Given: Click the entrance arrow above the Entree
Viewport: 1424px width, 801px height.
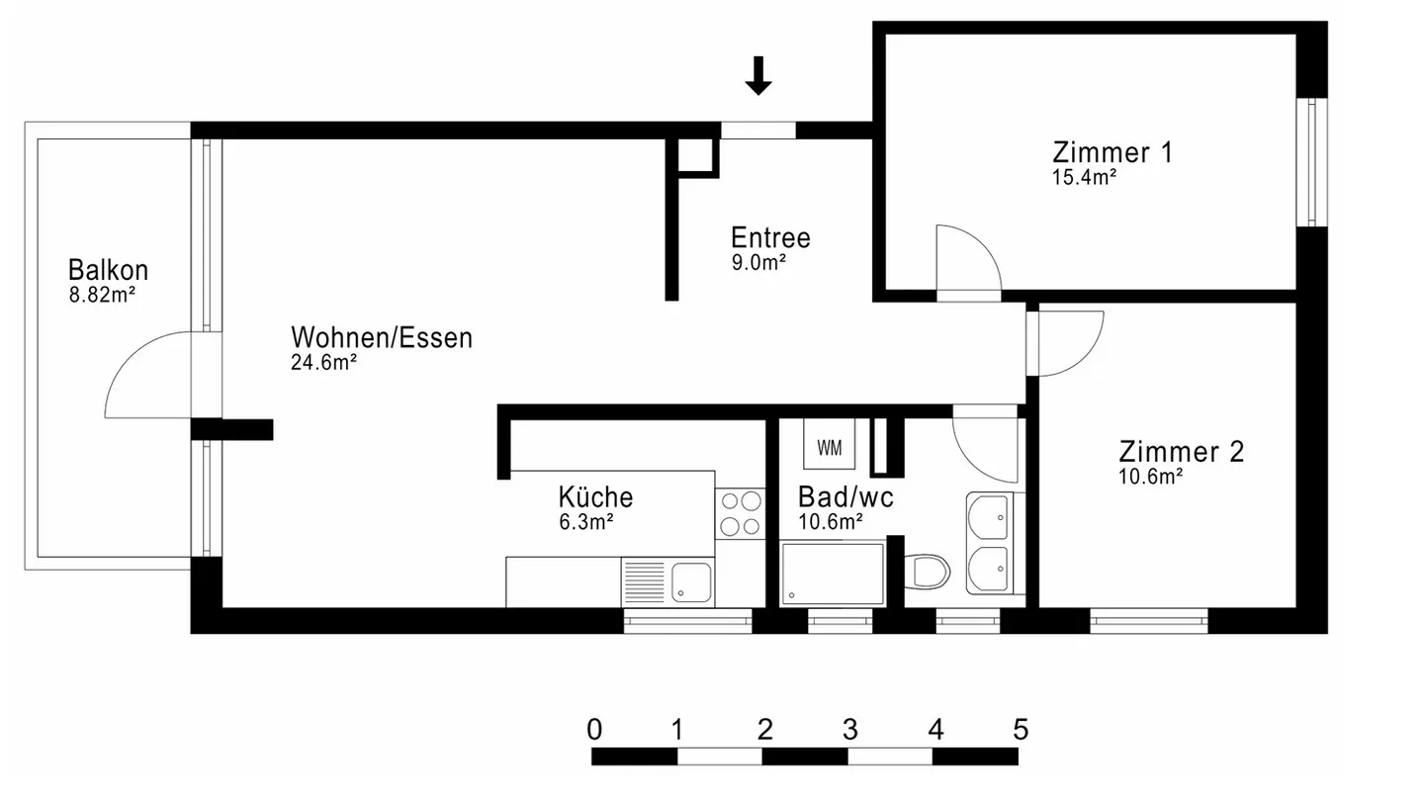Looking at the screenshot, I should tap(758, 76).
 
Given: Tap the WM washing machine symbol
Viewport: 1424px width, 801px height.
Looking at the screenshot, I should tap(830, 448).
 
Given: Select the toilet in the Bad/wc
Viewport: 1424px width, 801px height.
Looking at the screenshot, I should tap(929, 572).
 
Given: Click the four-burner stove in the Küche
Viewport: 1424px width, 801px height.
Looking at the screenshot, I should tap(739, 513).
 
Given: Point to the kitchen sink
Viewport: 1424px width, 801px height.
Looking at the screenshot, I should tap(691, 581).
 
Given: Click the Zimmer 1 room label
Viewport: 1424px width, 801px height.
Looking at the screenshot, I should tap(1112, 152).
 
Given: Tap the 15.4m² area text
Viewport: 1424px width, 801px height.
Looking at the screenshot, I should tap(1084, 178).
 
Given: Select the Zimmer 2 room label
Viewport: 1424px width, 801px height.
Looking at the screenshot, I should tap(1181, 452).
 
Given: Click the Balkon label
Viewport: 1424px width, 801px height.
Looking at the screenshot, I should tap(108, 269).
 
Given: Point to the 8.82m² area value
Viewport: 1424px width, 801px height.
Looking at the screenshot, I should tap(102, 294).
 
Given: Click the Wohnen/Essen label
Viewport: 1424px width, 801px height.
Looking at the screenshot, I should tap(381, 337).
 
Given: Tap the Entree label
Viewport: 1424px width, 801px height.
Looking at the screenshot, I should tap(770, 237).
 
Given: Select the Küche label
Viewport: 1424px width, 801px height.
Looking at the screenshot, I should tap(595, 496).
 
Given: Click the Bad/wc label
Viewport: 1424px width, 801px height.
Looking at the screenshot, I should tap(845, 496).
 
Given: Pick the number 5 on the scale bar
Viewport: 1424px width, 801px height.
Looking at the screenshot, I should tap(1021, 731).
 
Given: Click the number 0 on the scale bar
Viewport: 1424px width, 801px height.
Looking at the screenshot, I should tap(593, 731).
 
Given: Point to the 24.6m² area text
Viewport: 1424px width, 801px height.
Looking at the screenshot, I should tap(323, 363).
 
